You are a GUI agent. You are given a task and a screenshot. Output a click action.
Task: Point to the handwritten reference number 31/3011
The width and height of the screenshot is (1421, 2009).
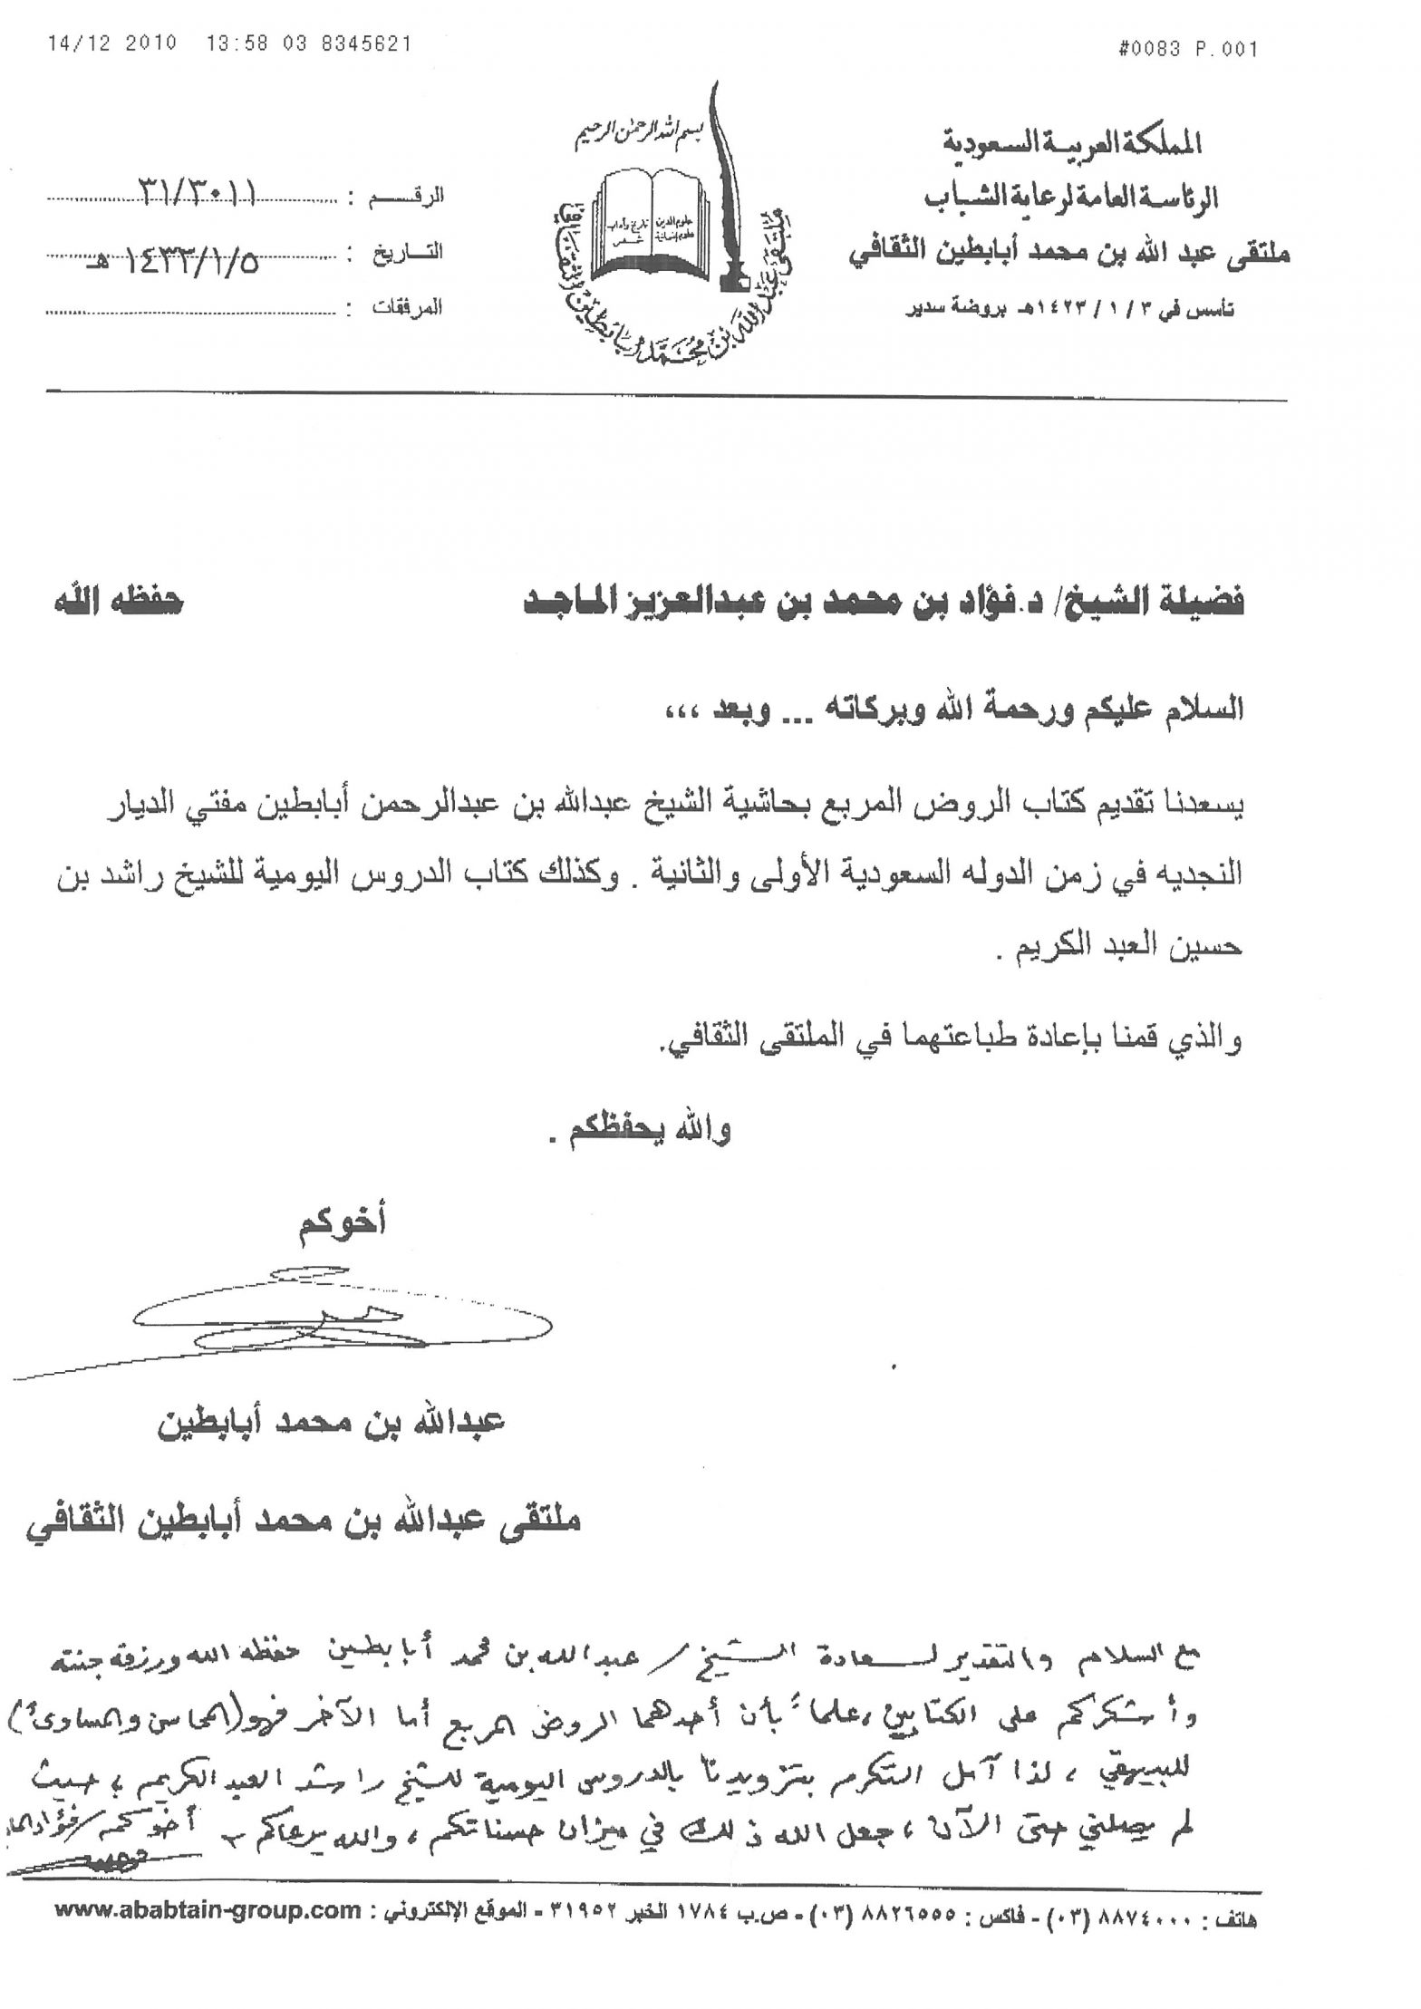tap(196, 192)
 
